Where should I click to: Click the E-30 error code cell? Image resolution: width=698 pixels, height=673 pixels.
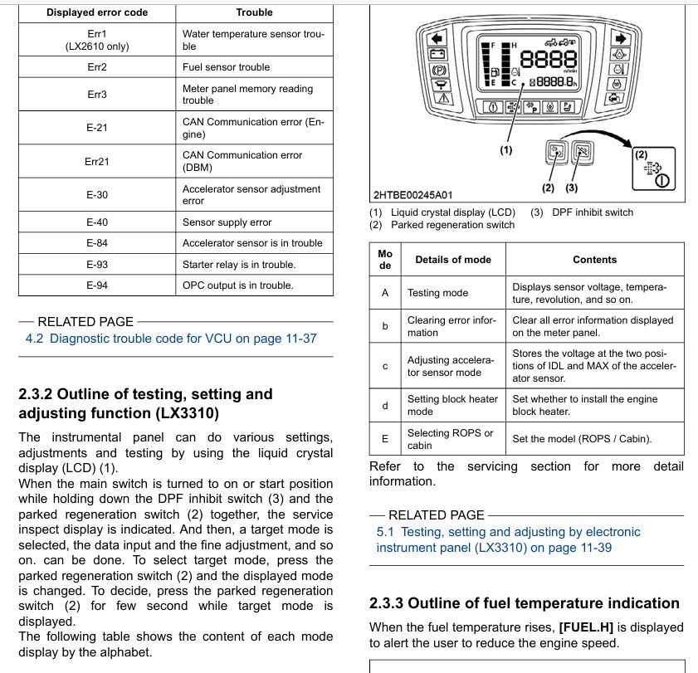(x=97, y=195)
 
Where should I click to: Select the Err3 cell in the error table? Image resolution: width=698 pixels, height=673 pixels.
(x=97, y=95)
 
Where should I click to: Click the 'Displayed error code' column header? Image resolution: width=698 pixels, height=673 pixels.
(x=97, y=12)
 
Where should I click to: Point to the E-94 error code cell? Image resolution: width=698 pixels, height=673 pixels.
(x=97, y=285)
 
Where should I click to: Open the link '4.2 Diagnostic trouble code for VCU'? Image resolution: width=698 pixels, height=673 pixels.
(x=171, y=339)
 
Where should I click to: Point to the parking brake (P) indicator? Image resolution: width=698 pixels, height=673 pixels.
(x=438, y=71)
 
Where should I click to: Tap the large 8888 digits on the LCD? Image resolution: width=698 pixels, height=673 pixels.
(x=549, y=60)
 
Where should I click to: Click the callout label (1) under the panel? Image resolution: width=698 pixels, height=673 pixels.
(x=506, y=150)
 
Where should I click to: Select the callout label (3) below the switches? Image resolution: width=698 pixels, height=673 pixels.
(x=571, y=188)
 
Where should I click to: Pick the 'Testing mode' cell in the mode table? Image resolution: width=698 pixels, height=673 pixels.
(x=437, y=293)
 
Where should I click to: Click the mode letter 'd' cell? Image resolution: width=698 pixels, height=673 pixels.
(x=385, y=405)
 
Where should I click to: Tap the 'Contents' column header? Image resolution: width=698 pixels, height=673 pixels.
(x=594, y=260)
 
